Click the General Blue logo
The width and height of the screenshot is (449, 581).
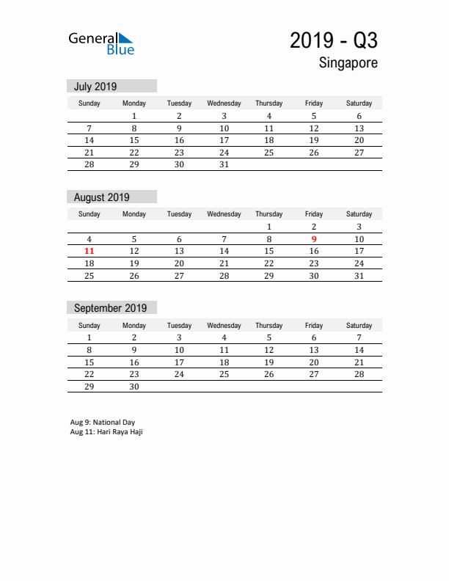click(101, 43)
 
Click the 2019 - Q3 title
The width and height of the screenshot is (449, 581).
click(334, 40)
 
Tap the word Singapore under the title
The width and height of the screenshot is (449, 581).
click(348, 63)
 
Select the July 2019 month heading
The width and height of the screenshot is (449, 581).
click(95, 87)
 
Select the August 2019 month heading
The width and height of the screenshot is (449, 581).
click(102, 197)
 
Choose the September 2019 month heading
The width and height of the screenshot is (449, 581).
click(111, 308)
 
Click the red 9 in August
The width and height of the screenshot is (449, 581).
click(314, 239)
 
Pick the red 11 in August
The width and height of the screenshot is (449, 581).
click(90, 251)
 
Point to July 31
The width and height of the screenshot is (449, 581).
click(224, 164)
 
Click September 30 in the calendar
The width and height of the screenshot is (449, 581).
click(134, 386)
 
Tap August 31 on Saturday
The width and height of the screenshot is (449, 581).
click(359, 276)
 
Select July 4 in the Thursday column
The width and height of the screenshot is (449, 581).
click(269, 116)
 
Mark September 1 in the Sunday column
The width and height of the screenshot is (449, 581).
click(90, 337)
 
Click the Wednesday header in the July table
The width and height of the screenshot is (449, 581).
click(224, 103)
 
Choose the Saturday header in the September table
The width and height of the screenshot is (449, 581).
click(359, 325)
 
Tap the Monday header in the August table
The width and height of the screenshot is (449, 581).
click(134, 214)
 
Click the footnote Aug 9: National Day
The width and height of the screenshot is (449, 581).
click(103, 423)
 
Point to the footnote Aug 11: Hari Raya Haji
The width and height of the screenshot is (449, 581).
click(106, 432)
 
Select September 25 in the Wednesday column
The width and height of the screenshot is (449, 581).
click(224, 374)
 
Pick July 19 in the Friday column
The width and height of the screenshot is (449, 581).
click(314, 140)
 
